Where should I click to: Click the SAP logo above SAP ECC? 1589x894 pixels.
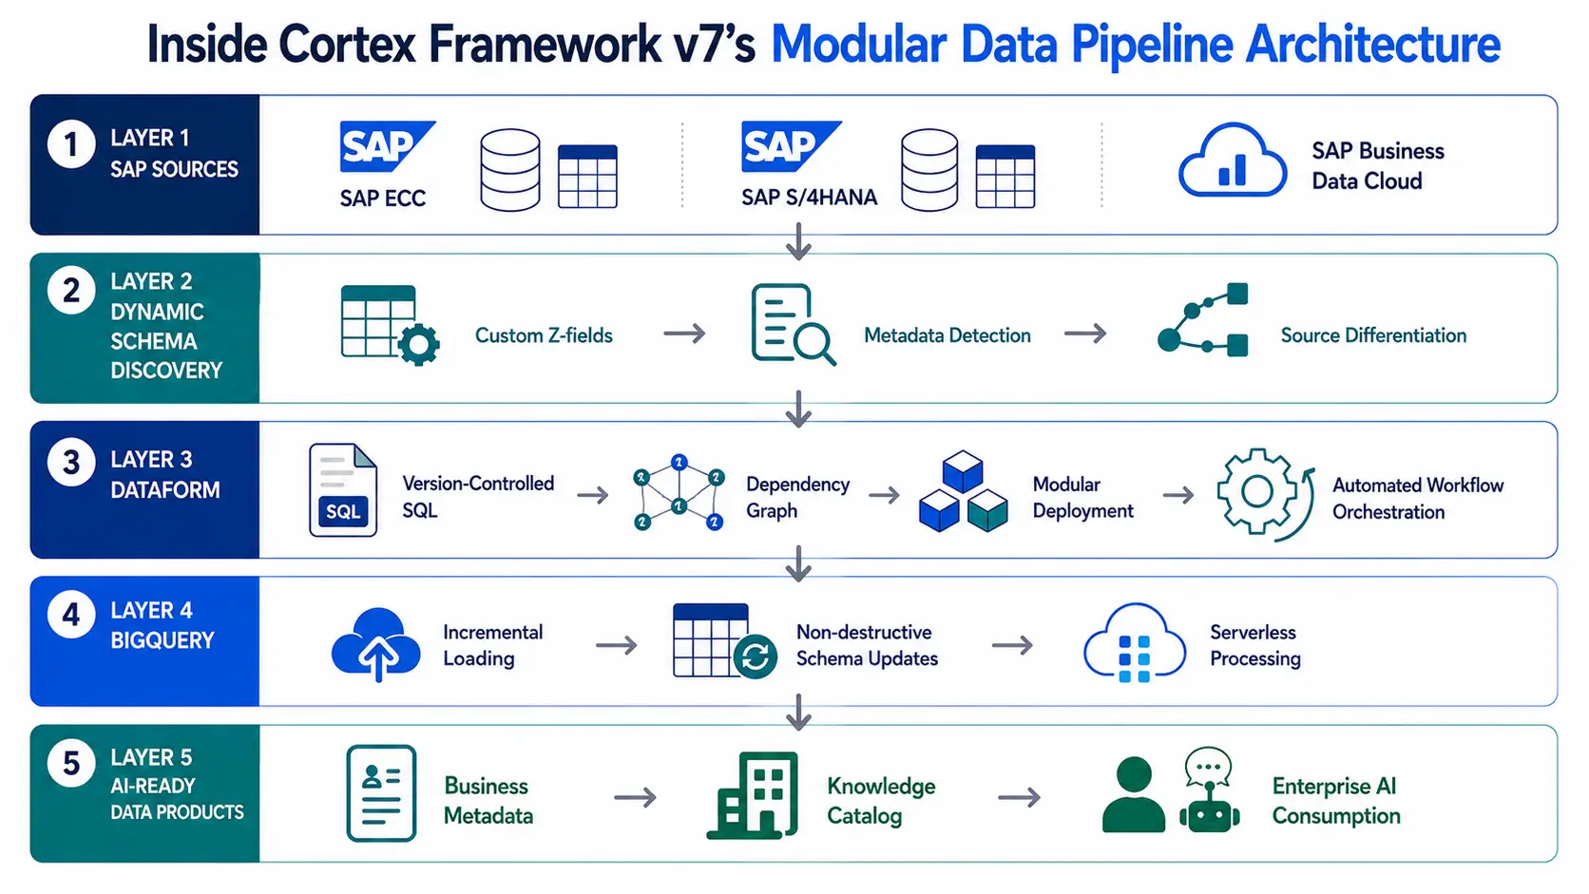tap(388, 146)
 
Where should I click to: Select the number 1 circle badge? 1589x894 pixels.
tap(71, 144)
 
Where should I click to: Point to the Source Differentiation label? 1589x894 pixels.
tap(1373, 335)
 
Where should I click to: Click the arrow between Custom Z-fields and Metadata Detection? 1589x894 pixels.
tap(684, 333)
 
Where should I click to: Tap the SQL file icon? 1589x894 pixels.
tap(343, 490)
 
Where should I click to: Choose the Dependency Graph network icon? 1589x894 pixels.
tap(679, 493)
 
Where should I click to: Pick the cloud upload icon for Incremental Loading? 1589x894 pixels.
tap(376, 644)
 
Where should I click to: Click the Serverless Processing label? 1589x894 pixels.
tap(1254, 645)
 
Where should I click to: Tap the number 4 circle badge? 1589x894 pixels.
tap(71, 615)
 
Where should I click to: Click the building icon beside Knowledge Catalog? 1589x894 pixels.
tap(753, 795)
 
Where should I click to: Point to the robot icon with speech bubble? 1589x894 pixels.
tap(1210, 789)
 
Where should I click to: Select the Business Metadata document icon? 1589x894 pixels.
tap(381, 793)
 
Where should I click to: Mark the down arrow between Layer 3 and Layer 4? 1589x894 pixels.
tap(798, 563)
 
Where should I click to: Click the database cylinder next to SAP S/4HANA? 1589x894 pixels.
tap(929, 170)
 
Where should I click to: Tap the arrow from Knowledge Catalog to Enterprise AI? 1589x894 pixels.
tap(1020, 798)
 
